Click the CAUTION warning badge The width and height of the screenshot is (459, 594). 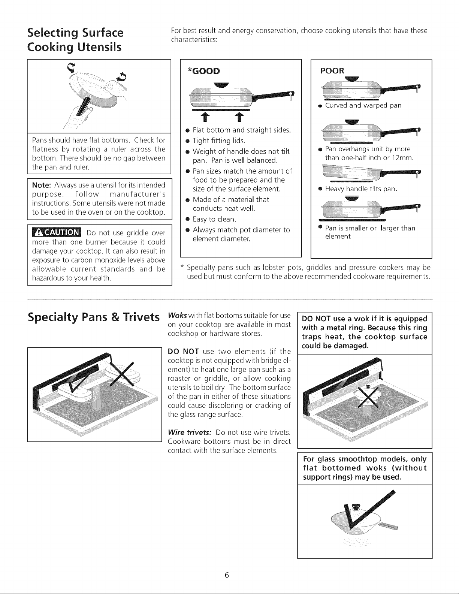pyautogui.click(x=57, y=232)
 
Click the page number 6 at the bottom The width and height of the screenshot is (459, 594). pyautogui.click(x=227, y=575)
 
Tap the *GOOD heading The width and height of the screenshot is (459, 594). pyautogui.click(x=204, y=71)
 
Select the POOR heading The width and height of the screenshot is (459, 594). pyautogui.click(x=332, y=71)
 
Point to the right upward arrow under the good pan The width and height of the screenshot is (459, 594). pyautogui.click(x=239, y=117)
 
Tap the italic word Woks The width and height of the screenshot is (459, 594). pyautogui.click(x=177, y=316)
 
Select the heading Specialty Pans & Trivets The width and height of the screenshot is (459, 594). pyautogui.click(x=94, y=317)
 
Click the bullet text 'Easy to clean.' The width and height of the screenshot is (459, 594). pyautogui.click(x=214, y=219)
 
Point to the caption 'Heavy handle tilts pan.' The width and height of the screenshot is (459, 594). pyautogui.click(x=361, y=189)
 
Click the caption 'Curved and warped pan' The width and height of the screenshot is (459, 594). pyautogui.click(x=363, y=106)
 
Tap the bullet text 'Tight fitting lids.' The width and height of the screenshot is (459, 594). pyautogui.click(x=219, y=141)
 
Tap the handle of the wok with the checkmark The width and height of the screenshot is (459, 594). pyautogui.click(x=389, y=526)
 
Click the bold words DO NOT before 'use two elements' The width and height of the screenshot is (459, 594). pyautogui.click(x=183, y=351)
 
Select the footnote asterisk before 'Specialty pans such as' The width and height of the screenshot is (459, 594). pyautogui.click(x=182, y=266)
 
